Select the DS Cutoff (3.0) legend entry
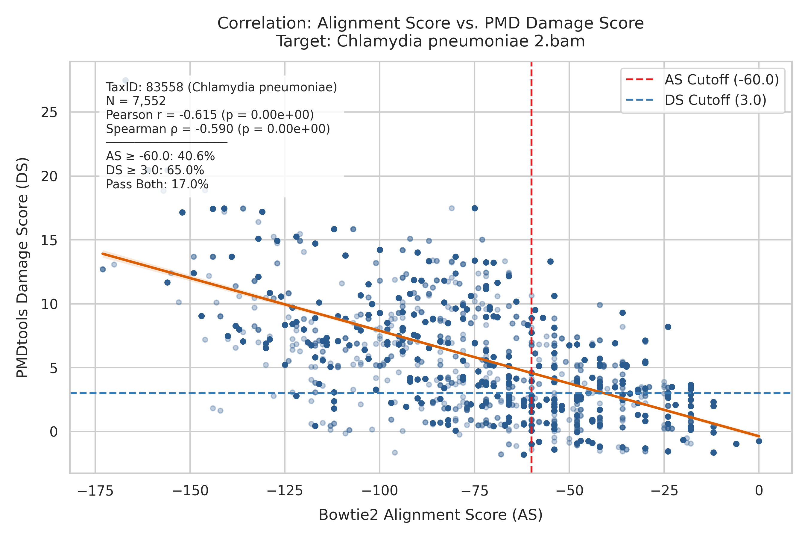(x=696, y=100)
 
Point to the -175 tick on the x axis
(x=95, y=491)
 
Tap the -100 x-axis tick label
(x=379, y=491)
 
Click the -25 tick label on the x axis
(x=664, y=491)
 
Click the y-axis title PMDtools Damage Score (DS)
(x=22, y=267)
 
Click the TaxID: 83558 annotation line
(x=221, y=87)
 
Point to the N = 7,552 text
(x=136, y=101)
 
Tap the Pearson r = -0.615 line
(x=210, y=115)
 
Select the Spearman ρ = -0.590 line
(x=218, y=129)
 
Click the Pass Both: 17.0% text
(x=157, y=184)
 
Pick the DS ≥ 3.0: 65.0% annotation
(x=155, y=170)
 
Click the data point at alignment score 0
(x=759, y=441)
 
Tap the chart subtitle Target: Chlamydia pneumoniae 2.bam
(x=430, y=41)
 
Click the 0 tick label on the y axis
(x=54, y=432)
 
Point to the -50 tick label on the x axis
(x=569, y=491)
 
